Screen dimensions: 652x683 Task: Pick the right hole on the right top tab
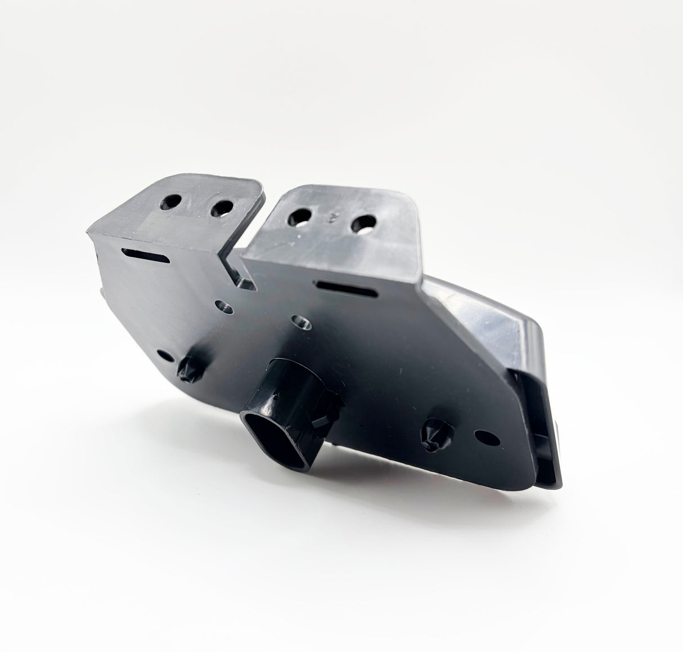(363, 222)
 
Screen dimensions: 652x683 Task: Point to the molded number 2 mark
(331, 215)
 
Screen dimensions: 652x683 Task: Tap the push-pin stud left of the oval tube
(186, 367)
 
